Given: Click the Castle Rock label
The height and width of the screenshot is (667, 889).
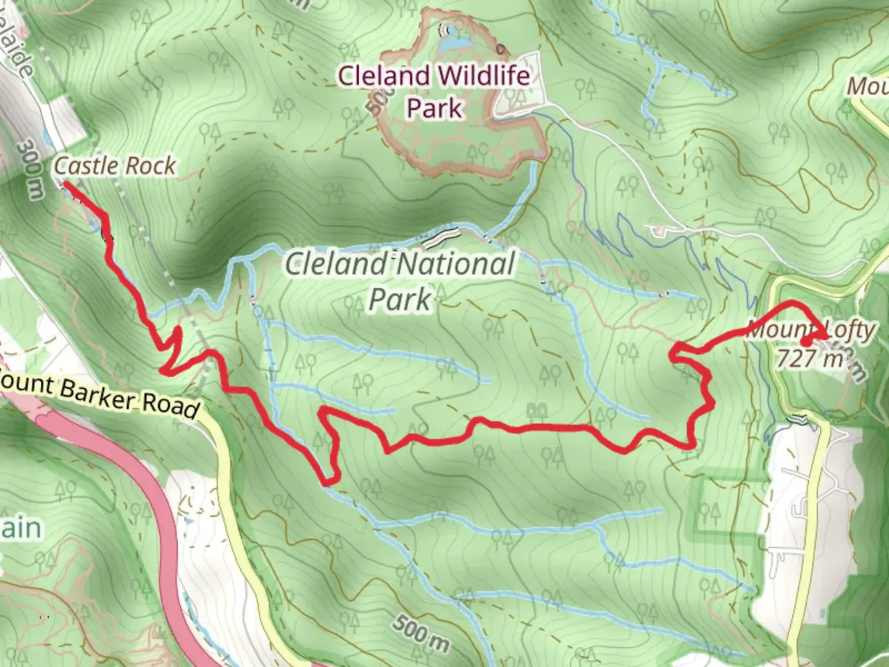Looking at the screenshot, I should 115,166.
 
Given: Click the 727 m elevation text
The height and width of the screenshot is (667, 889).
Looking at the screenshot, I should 809,358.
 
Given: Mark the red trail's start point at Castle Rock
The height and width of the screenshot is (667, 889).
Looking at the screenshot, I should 64,183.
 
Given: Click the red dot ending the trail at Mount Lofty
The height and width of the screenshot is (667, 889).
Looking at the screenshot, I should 806,342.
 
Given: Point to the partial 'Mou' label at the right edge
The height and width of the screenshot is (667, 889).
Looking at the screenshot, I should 868,86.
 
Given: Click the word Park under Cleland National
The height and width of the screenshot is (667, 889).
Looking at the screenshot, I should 399,299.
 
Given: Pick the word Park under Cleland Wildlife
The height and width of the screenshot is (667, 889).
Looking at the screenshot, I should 434,108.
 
